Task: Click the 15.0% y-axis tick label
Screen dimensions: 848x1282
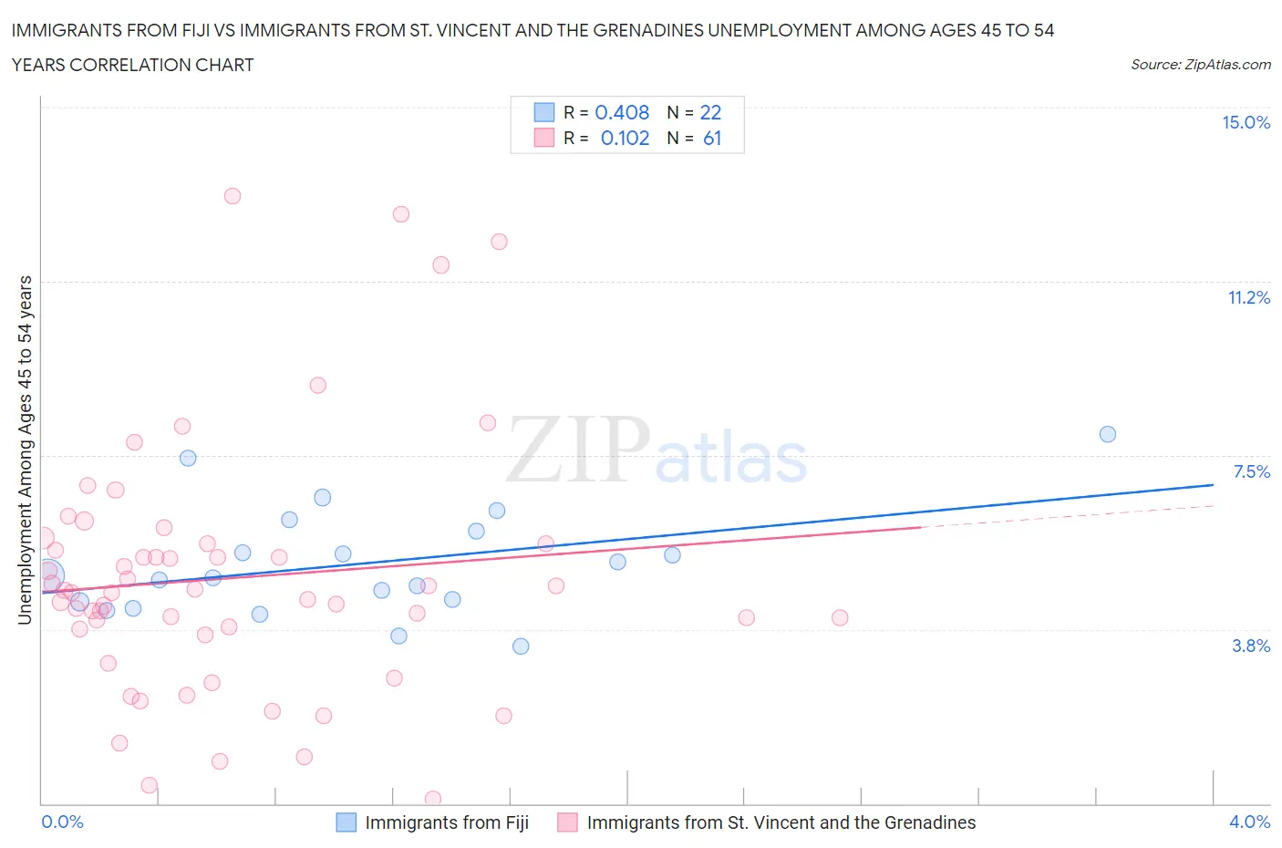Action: pyautogui.click(x=1246, y=122)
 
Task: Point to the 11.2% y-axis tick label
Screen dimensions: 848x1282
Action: pyautogui.click(x=1248, y=297)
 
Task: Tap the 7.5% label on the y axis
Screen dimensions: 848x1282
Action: pyautogui.click(x=1251, y=471)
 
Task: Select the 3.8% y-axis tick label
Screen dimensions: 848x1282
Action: pyautogui.click(x=1251, y=646)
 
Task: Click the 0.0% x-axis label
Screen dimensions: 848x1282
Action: pyautogui.click(x=63, y=822)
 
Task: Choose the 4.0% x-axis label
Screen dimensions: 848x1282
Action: pyautogui.click(x=1249, y=822)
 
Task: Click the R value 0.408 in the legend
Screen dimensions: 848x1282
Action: pyautogui.click(x=622, y=112)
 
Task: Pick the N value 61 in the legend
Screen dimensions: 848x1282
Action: pyautogui.click(x=712, y=138)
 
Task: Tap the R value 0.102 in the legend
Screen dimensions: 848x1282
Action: pyautogui.click(x=625, y=138)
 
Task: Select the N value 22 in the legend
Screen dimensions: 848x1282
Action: pyautogui.click(x=710, y=112)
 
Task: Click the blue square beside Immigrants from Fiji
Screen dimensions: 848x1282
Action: pyautogui.click(x=346, y=822)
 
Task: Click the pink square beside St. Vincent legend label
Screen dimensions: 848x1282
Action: pyautogui.click(x=567, y=822)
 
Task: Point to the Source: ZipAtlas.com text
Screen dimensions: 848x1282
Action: pyautogui.click(x=1200, y=64)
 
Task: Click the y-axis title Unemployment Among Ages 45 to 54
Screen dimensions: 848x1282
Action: pyautogui.click(x=25, y=450)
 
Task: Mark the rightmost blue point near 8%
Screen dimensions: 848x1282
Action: pyautogui.click(x=1108, y=434)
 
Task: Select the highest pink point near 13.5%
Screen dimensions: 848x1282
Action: pyautogui.click(x=233, y=196)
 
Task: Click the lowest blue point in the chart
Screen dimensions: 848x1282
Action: pyautogui.click(x=521, y=646)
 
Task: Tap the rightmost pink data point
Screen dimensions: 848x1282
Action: pyautogui.click(x=840, y=618)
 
